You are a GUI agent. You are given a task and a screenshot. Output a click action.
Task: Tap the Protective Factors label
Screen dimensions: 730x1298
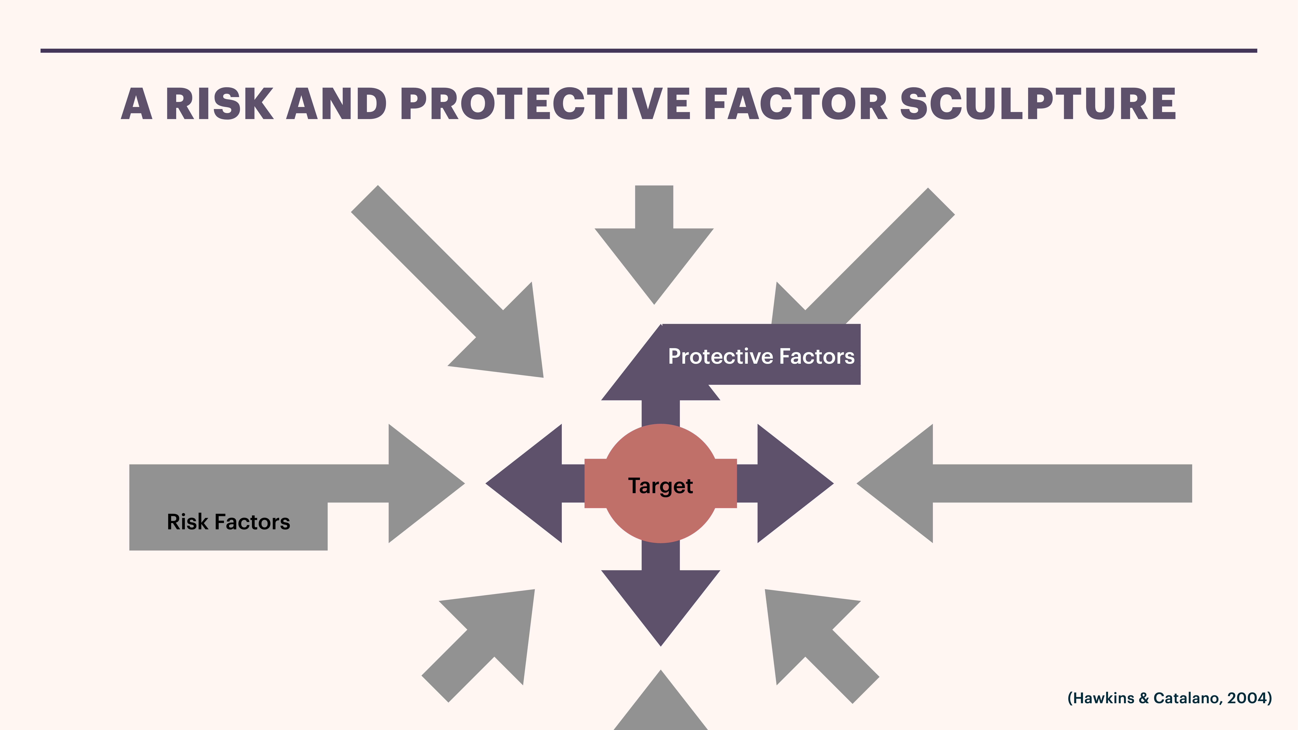tap(761, 356)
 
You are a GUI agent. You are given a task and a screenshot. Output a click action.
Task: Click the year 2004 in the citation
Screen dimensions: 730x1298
tap(1247, 698)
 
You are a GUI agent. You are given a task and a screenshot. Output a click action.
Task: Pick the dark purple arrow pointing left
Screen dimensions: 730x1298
tap(529, 484)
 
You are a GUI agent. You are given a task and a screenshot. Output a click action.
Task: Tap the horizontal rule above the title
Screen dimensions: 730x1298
tap(649, 50)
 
